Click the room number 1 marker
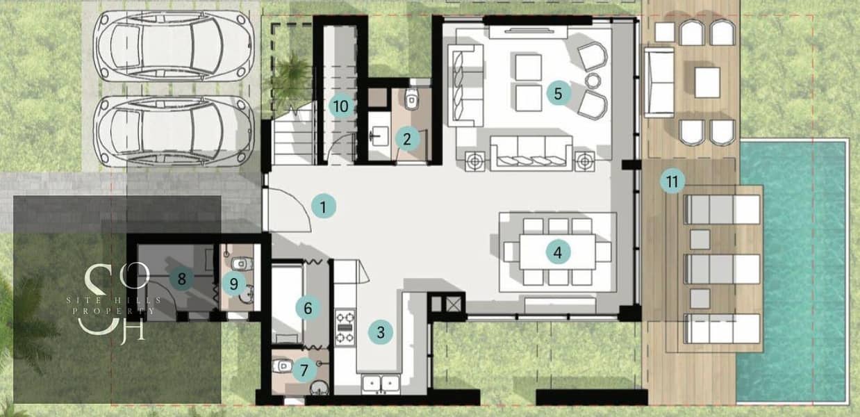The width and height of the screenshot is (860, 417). (323, 206)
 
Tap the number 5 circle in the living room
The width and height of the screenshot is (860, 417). (558, 93)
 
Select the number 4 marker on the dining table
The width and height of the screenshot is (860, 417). (557, 252)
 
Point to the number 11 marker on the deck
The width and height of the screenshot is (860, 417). (672, 181)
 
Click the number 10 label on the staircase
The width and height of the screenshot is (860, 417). (341, 106)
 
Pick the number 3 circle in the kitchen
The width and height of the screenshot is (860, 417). (381, 332)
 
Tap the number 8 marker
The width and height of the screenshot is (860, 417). (181, 279)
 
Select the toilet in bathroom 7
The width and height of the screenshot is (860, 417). (283, 366)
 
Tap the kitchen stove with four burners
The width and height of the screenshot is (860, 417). (345, 327)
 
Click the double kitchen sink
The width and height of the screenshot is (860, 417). (381, 384)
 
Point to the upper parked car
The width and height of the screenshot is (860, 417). (174, 46)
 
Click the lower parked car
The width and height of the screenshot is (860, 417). (174, 131)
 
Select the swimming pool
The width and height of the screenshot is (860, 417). (793, 272)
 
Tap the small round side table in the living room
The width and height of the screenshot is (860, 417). (593, 81)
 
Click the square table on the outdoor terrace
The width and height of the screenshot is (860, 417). (707, 82)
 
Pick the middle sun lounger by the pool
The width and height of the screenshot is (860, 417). (722, 269)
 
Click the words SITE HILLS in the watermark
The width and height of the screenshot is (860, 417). (114, 300)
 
